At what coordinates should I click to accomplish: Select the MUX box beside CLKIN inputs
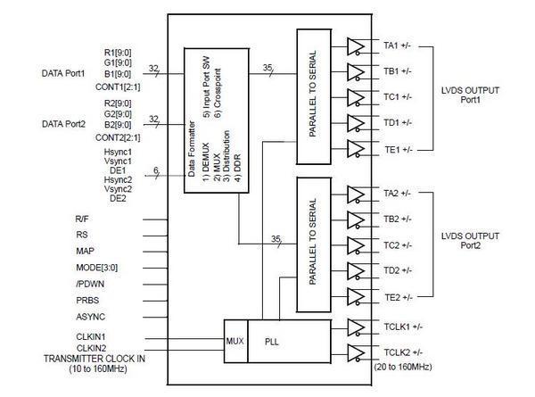point(235,339)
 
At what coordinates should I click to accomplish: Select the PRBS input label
point(87,300)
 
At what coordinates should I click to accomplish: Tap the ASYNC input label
point(89,316)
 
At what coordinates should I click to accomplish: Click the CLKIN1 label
point(92,335)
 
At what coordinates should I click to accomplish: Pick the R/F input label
point(83,219)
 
